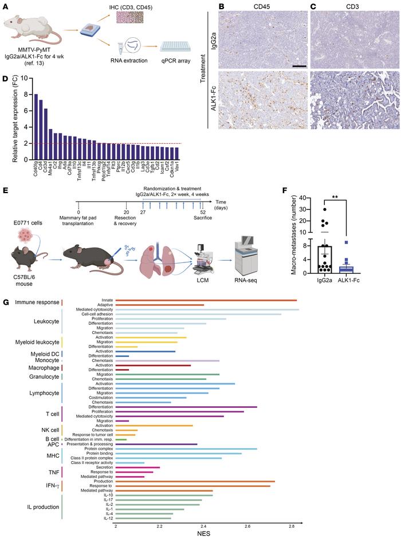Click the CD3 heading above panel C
coord(351,7)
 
